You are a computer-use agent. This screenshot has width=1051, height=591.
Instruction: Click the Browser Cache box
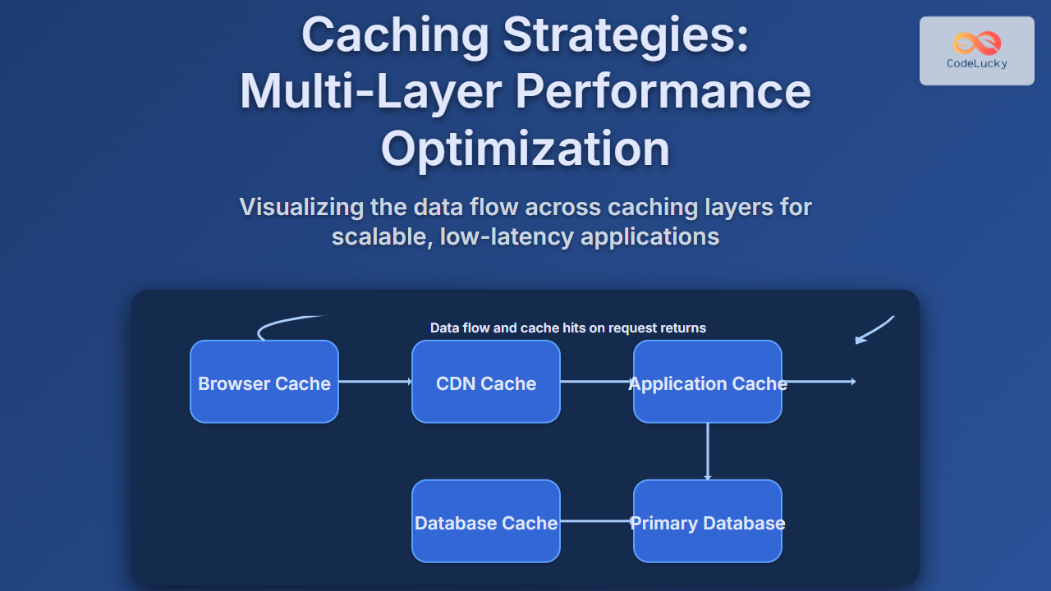tap(264, 382)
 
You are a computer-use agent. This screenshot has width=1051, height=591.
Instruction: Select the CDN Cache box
tap(485, 382)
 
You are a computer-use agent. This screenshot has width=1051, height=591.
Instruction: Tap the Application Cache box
tap(707, 382)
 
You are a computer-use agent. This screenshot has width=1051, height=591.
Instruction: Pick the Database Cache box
tap(485, 521)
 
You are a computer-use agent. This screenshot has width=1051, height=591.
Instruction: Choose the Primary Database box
tap(707, 521)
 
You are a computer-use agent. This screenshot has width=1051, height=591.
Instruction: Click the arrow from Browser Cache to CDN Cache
tap(375, 381)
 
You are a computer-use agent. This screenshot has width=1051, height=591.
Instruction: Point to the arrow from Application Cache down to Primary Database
tap(707, 451)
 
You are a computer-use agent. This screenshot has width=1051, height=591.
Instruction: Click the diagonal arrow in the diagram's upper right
tap(874, 329)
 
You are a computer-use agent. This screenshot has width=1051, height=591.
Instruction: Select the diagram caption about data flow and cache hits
tap(568, 328)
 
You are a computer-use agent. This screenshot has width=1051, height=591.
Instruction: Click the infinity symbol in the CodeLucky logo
tap(976, 43)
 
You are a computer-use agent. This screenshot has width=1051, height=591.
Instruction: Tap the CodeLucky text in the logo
tap(976, 63)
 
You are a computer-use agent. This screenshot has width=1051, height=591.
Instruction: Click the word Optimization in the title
tap(525, 149)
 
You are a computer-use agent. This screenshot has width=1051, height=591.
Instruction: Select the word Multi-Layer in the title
tap(369, 91)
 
